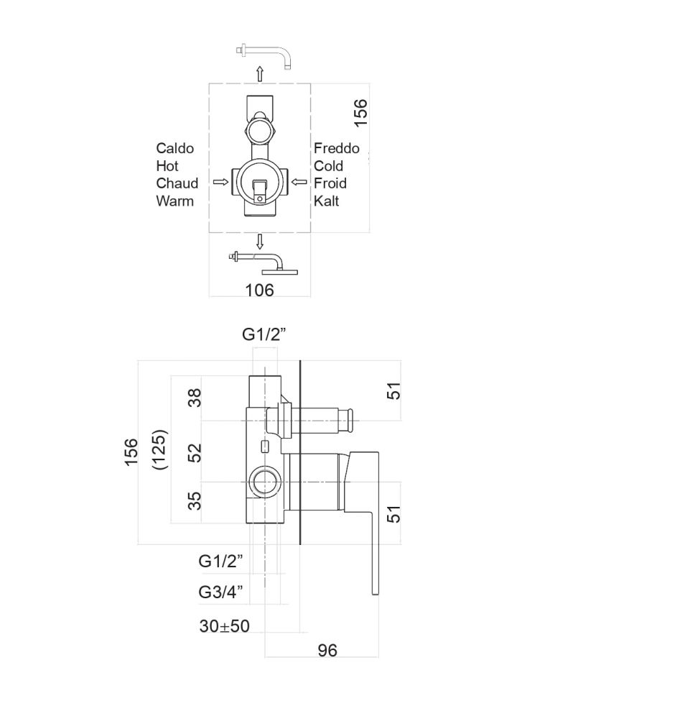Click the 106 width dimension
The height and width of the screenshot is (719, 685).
(259, 290)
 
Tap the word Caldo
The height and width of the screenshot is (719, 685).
(175, 148)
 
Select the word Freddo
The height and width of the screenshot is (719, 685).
(337, 148)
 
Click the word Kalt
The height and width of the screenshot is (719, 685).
(327, 201)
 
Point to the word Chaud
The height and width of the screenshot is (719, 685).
(177, 183)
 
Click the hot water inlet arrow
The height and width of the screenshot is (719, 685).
(220, 182)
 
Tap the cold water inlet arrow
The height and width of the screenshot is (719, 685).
(299, 182)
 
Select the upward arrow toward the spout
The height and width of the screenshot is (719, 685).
(260, 74)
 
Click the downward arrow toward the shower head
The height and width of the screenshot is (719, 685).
(260, 242)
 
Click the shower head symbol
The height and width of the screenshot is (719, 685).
(264, 263)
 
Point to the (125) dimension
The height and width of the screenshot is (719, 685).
(159, 449)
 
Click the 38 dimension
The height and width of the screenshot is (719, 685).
(195, 398)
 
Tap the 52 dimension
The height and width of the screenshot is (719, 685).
(195, 452)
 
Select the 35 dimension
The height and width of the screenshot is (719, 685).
(195, 500)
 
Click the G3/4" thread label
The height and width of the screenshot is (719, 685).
(220, 592)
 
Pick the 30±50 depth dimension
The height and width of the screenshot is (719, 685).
(224, 626)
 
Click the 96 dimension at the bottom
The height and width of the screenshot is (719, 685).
(327, 650)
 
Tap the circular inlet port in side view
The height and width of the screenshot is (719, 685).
(264, 482)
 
